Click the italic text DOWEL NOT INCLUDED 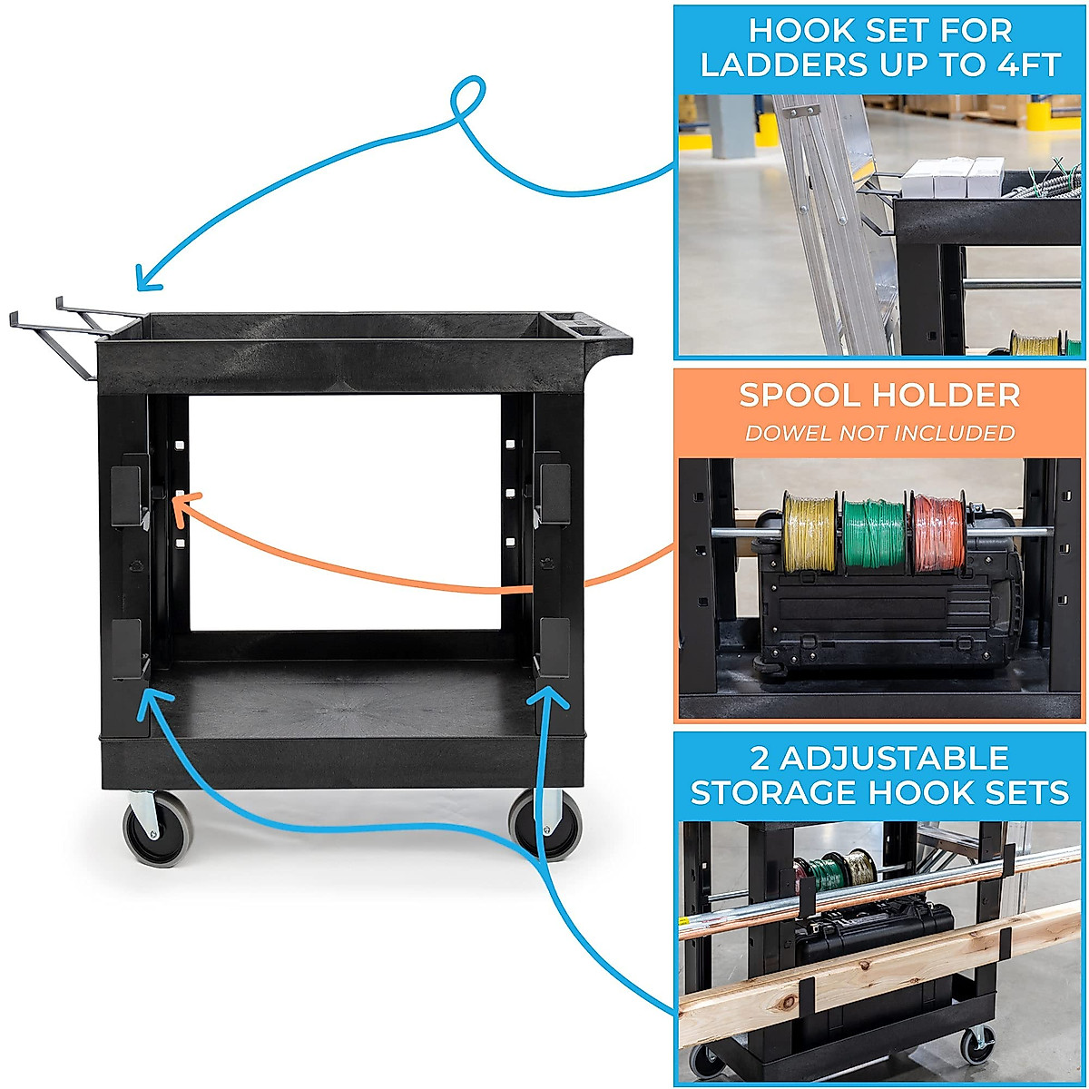[879, 433]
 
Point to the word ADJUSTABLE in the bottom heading [880, 758]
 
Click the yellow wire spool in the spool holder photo [809, 532]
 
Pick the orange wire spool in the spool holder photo [937, 534]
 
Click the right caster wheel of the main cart [545, 824]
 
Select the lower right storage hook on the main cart [553, 647]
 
